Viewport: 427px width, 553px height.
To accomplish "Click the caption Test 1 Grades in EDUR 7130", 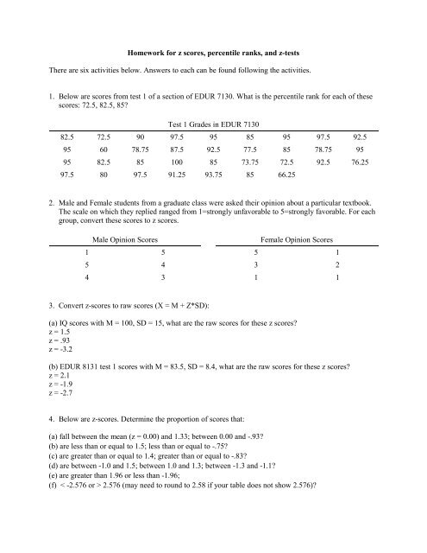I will (213, 126).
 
